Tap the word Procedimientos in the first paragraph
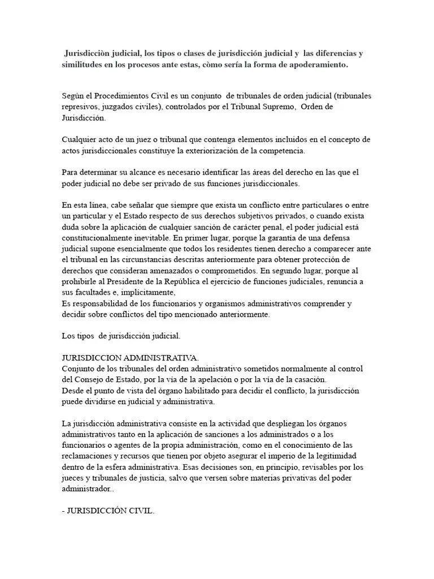click(121, 96)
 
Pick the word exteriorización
click(220, 150)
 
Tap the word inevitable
click(150, 237)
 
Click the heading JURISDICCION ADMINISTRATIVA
click(130, 358)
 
